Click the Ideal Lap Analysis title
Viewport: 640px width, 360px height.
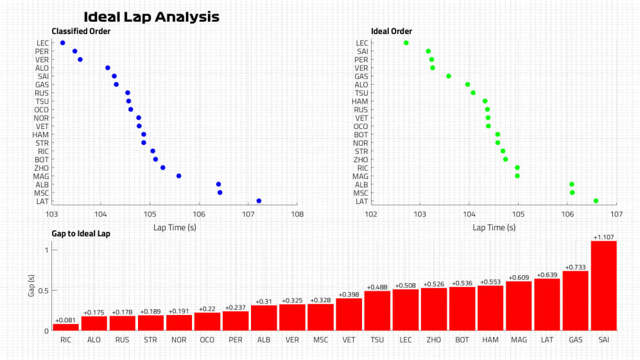151,17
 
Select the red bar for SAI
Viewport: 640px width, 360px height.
603,286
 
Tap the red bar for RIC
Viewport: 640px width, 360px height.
65,327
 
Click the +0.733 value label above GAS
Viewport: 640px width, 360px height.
575,267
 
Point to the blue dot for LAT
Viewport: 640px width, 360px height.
259,201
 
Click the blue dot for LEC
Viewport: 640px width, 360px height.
62,43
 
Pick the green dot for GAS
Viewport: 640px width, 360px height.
449,76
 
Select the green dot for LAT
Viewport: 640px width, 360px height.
596,201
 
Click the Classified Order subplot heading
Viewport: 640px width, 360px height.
81,31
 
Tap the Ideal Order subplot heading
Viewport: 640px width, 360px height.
392,31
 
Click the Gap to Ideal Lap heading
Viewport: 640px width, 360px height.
81,234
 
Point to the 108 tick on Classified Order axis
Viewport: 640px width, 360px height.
297,214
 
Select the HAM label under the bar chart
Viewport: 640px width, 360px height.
490,339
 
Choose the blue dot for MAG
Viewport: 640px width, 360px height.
178,176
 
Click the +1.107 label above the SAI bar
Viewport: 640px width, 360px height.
603,237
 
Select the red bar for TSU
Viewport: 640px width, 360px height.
377,311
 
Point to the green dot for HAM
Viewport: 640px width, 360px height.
485,101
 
